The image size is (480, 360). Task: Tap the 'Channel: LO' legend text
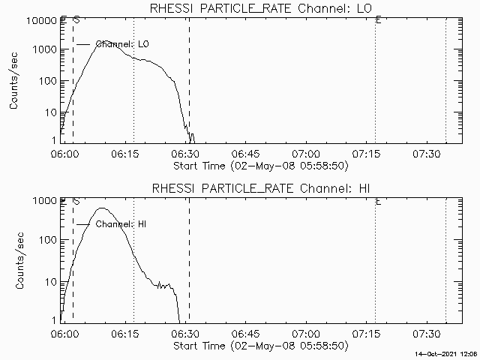(127, 44)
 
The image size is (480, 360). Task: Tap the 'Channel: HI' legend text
(126, 224)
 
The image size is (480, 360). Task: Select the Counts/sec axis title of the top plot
(14, 81)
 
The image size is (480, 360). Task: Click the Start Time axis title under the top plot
(259, 165)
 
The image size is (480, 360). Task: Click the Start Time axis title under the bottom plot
(259, 346)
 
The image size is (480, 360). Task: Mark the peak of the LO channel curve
(106, 42)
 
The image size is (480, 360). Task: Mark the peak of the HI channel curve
(103, 208)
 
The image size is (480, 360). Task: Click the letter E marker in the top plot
(378, 20)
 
